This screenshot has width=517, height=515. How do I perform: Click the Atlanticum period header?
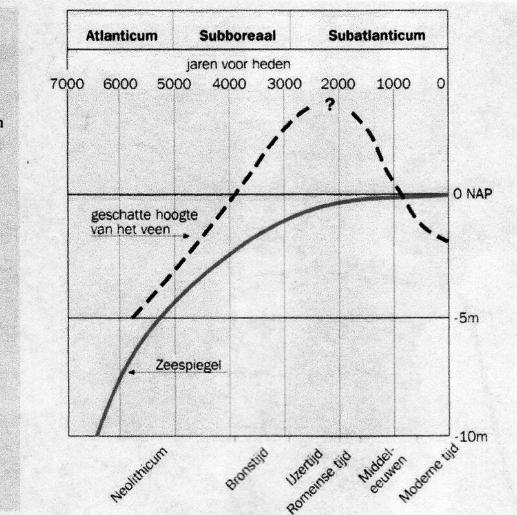tap(122, 36)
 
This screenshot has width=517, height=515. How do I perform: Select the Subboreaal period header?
tap(238, 36)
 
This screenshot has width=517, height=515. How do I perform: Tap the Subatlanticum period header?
tap(377, 35)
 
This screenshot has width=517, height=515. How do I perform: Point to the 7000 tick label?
tap(65, 83)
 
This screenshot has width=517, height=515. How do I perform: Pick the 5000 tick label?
tap(174, 83)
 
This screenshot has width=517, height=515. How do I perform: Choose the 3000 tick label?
tap(284, 83)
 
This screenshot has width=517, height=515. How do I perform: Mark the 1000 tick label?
tap(393, 83)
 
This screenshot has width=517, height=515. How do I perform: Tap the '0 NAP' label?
tap(477, 194)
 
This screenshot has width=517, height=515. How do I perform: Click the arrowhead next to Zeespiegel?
tap(131, 372)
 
